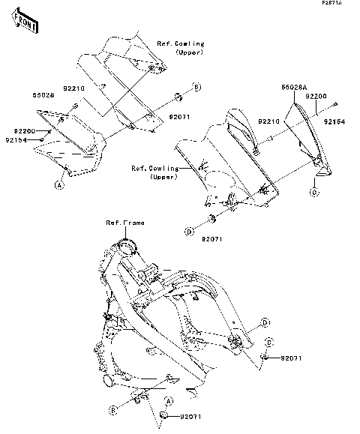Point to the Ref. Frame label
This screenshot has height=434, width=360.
[125, 223]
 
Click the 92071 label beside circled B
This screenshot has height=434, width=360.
[179, 118]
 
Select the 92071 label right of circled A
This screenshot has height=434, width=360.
[190, 415]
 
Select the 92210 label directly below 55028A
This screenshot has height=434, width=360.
[270, 120]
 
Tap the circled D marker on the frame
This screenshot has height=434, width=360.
[265, 323]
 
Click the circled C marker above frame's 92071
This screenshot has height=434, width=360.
[269, 342]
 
